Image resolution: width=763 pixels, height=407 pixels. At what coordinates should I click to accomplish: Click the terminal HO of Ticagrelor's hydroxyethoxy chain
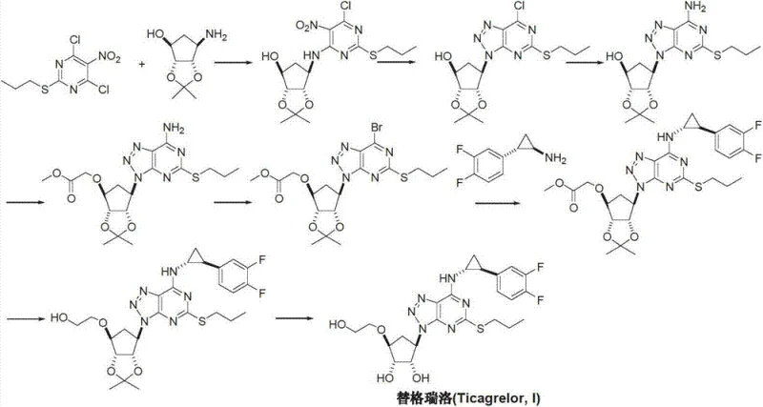coord(340,325)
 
